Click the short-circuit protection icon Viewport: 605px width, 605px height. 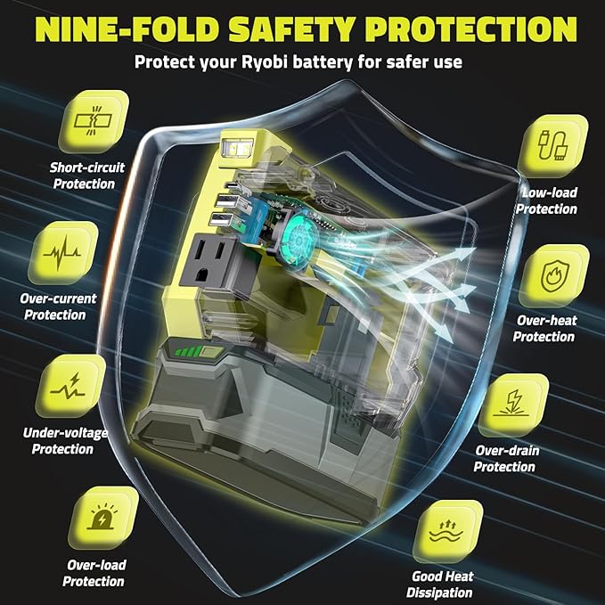click(x=94, y=121)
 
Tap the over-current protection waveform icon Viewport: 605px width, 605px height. click(x=62, y=253)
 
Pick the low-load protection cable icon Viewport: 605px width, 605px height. click(x=552, y=146)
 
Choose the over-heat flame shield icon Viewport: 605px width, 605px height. click(x=554, y=276)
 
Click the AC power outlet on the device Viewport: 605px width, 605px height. click(x=210, y=262)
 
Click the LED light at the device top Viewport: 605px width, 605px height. click(x=236, y=148)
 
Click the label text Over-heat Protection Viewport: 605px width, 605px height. click(x=544, y=329)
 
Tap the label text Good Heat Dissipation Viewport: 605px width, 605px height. click(x=440, y=585)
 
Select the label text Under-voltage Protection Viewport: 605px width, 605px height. click(x=64, y=441)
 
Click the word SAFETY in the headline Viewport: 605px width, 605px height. click(x=292, y=29)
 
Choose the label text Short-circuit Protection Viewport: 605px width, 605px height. click(x=86, y=176)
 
